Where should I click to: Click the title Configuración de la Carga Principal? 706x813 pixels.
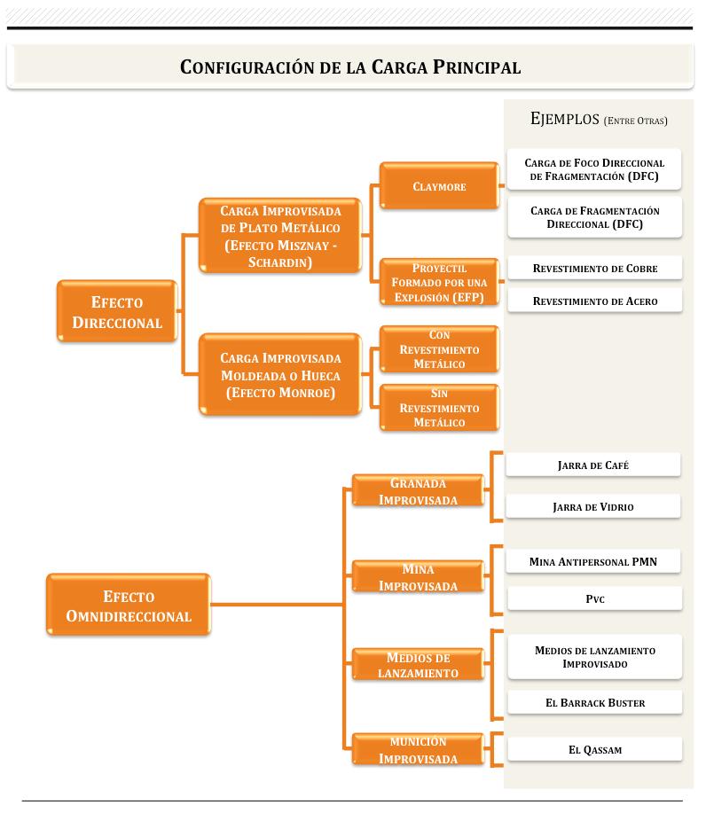click(349, 67)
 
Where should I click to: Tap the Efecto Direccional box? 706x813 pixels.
click(117, 313)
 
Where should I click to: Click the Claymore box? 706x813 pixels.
click(439, 186)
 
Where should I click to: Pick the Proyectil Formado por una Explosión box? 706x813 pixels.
click(439, 282)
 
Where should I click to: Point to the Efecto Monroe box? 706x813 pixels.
click(280, 375)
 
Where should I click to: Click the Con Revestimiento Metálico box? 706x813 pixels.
click(439, 349)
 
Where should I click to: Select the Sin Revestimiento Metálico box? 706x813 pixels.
click(439, 408)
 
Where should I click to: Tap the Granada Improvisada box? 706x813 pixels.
click(418, 491)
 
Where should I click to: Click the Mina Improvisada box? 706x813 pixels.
click(418, 577)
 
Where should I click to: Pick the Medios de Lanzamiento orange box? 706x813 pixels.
click(418, 665)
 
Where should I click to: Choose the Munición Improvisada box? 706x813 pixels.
click(418, 750)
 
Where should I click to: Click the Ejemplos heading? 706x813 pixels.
click(599, 119)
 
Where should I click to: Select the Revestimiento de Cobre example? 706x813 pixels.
click(595, 269)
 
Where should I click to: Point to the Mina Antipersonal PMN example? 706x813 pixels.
click(593, 561)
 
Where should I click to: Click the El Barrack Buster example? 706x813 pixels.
click(595, 703)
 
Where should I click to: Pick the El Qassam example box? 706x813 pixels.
click(595, 750)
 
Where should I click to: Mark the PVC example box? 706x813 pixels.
click(595, 599)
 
